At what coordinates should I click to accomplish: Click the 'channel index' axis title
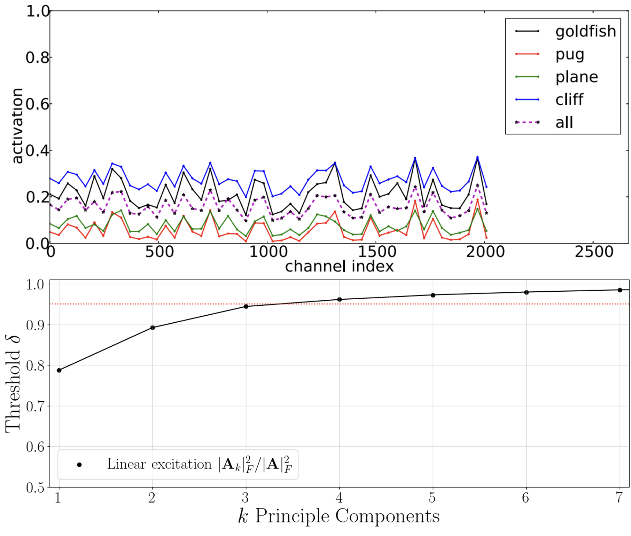339,266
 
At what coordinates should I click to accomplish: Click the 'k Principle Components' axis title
339,516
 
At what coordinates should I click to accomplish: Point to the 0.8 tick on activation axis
37,57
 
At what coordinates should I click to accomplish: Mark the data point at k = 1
59,370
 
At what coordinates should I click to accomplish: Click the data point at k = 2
153,328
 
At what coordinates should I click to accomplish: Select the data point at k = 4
340,299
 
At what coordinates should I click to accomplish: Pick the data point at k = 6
527,292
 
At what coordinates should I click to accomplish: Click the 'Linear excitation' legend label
199,464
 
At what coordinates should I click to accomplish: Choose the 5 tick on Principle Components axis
432,498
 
